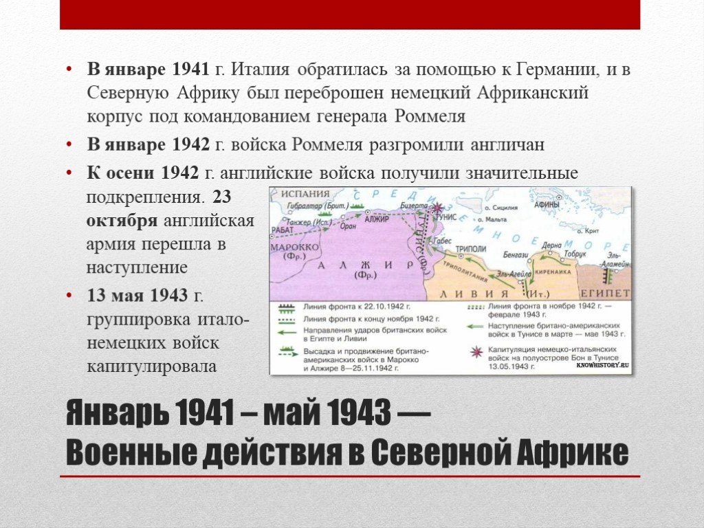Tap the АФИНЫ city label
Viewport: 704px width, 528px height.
tap(547, 205)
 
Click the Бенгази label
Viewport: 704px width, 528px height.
tap(516, 254)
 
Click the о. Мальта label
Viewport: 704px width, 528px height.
tap(492, 219)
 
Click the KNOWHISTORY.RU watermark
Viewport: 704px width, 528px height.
tap(603, 366)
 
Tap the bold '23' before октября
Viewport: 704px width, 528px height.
tap(223, 197)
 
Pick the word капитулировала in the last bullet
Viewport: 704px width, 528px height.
tap(151, 367)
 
